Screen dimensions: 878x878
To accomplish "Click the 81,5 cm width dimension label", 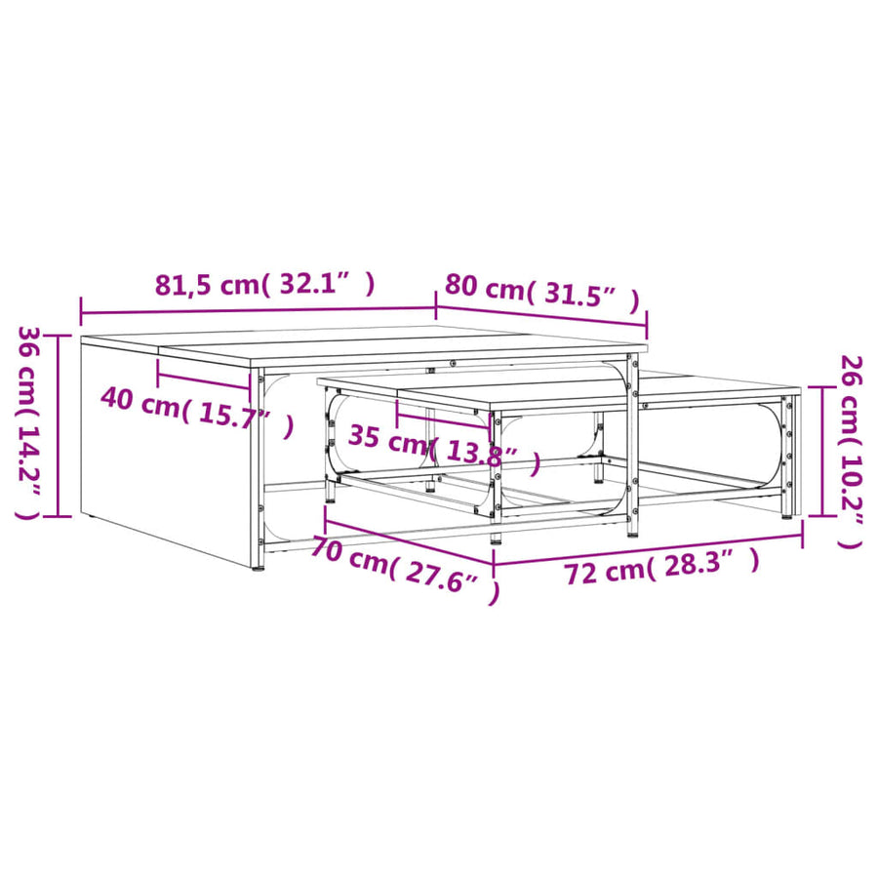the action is click(x=264, y=285).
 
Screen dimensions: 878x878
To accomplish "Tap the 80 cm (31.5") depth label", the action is click(x=542, y=293).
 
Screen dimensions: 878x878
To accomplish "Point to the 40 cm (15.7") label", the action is click(x=197, y=413).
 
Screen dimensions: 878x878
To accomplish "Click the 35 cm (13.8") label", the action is click(x=445, y=447).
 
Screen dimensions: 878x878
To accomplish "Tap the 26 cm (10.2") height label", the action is click(x=851, y=452).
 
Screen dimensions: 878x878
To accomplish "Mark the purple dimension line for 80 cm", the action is click(x=542, y=316).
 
